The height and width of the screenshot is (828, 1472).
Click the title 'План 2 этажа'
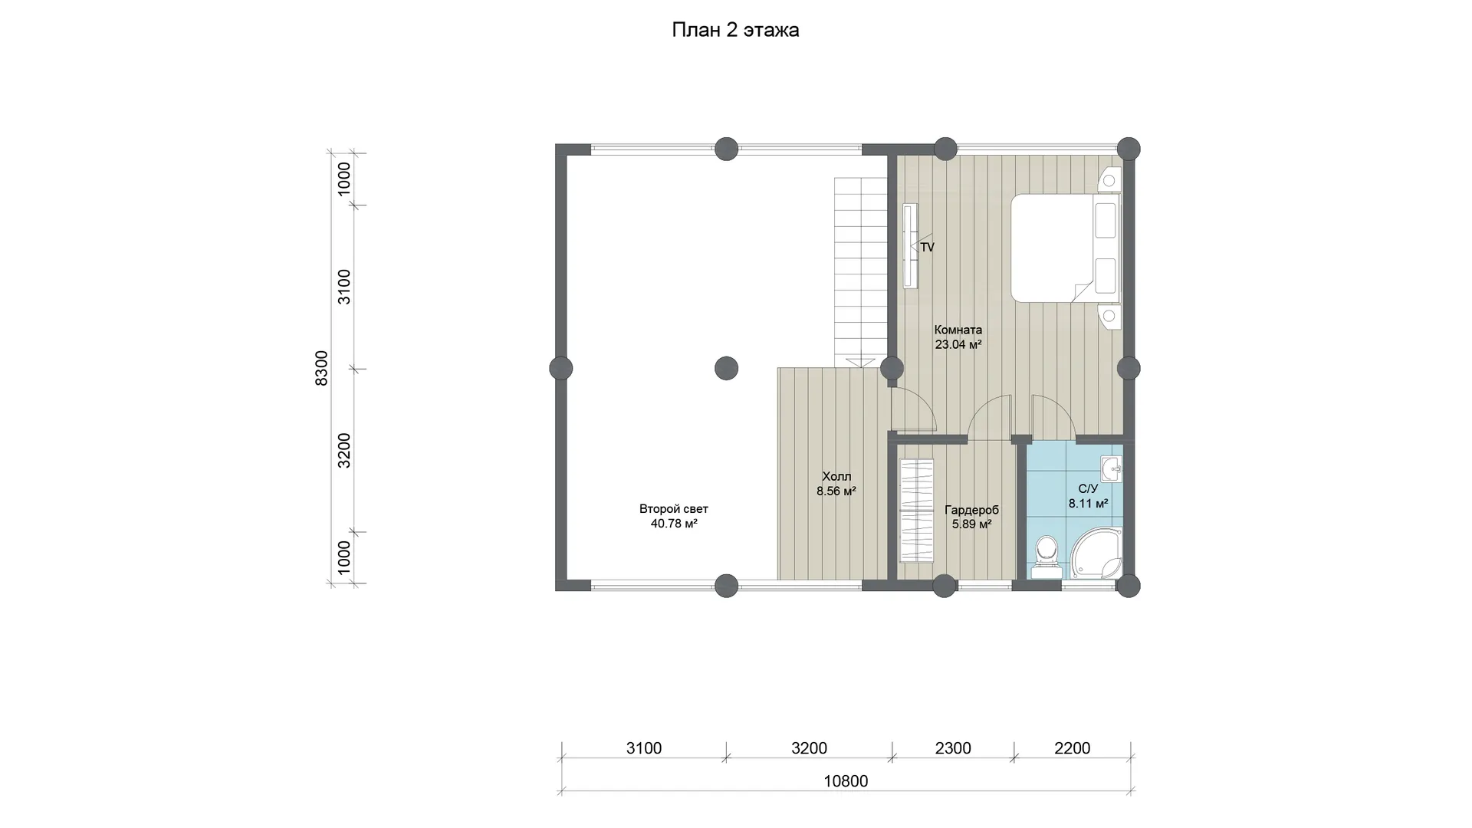click(x=735, y=30)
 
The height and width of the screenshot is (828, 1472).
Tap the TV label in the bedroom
click(x=927, y=248)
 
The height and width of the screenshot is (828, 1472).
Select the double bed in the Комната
click(x=1065, y=248)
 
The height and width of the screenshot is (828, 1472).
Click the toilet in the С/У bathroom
click(x=1046, y=557)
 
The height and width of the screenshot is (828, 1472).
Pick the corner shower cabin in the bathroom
click(x=1096, y=554)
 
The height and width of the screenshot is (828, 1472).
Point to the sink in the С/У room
click(x=1111, y=468)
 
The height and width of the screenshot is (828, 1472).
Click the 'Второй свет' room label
click(x=674, y=509)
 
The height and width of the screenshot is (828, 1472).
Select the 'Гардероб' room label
click(x=971, y=511)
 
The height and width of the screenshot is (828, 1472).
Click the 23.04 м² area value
click(x=958, y=345)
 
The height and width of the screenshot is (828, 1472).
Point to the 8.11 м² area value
click(x=1089, y=504)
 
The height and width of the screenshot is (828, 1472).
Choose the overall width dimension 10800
click(x=846, y=781)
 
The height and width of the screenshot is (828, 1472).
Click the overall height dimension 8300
click(x=322, y=368)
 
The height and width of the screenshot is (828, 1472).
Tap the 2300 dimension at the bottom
click(x=953, y=748)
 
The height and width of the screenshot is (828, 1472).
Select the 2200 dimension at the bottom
click(x=1072, y=748)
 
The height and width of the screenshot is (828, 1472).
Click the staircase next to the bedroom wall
click(x=861, y=271)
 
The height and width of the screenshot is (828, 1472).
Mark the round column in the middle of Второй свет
click(x=726, y=369)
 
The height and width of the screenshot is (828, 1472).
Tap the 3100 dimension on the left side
click(x=345, y=287)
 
